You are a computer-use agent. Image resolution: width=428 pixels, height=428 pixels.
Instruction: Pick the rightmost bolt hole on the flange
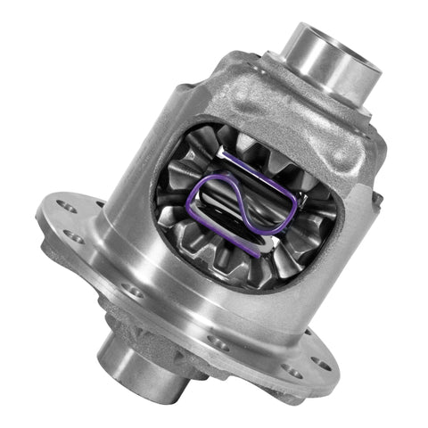(319, 364)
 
